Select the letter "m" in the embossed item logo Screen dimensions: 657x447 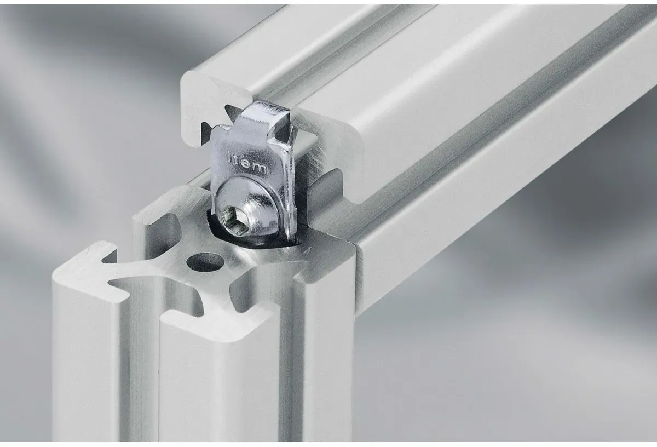coord(260,169)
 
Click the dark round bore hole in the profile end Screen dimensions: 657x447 coord(206,262)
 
